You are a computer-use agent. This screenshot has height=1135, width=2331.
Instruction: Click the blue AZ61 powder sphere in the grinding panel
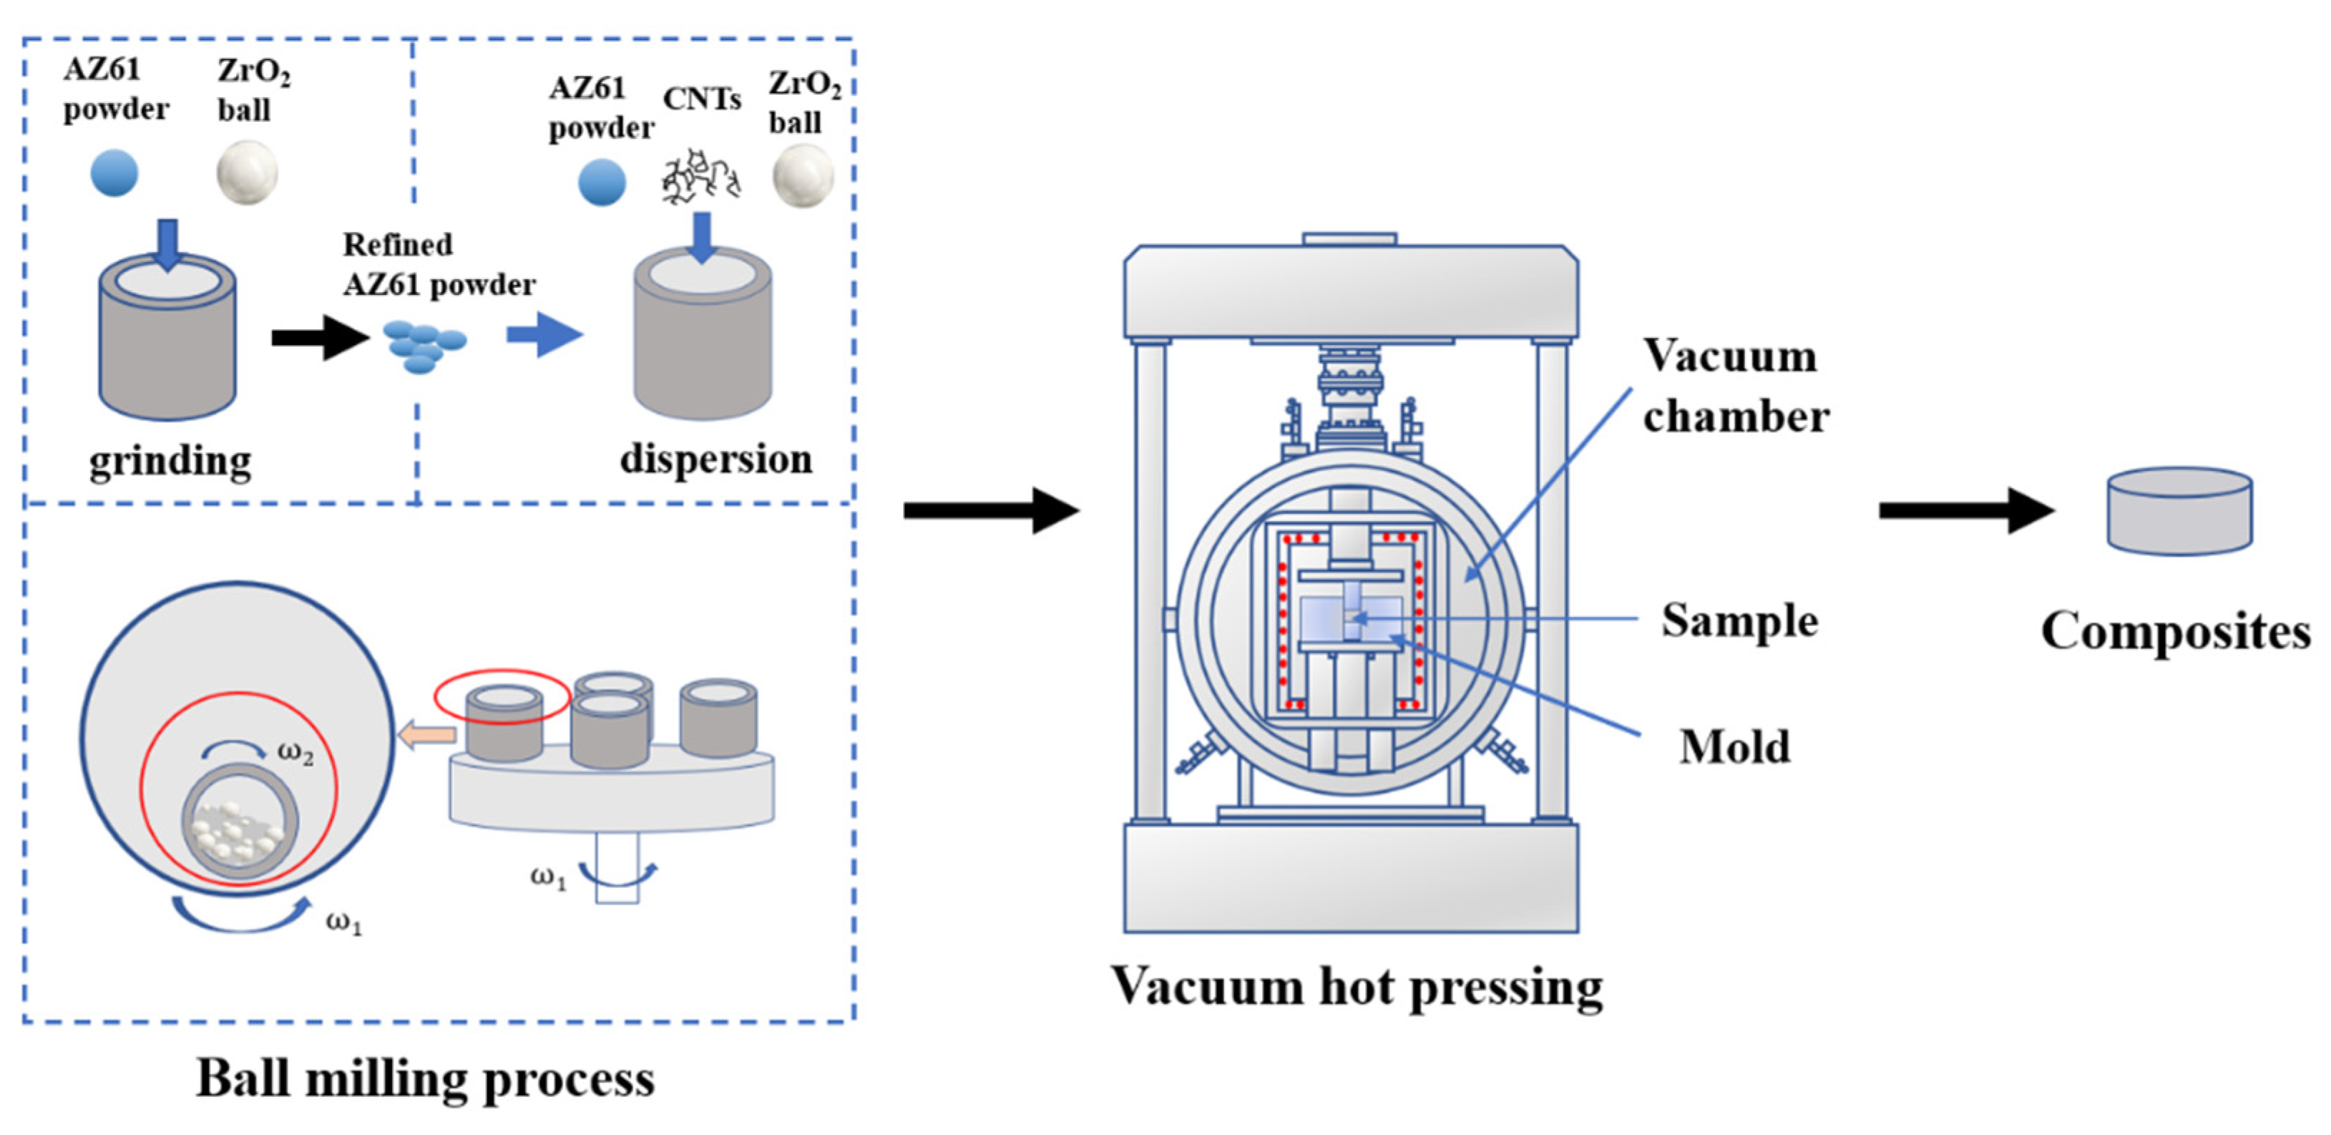point(114,173)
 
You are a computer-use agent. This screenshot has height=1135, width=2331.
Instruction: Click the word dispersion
point(715,459)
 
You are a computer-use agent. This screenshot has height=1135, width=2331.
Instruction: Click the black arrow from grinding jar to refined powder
point(319,338)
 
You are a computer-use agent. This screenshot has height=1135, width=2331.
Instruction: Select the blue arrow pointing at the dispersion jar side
point(544,335)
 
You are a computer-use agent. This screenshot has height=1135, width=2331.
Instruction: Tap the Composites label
point(2174,632)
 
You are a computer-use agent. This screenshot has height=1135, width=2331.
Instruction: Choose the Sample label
point(1739,621)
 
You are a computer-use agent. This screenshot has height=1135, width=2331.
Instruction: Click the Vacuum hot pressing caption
point(1357,988)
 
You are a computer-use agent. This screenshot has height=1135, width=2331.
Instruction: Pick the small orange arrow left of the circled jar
point(427,734)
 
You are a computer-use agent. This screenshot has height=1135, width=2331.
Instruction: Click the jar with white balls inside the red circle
point(240,822)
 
